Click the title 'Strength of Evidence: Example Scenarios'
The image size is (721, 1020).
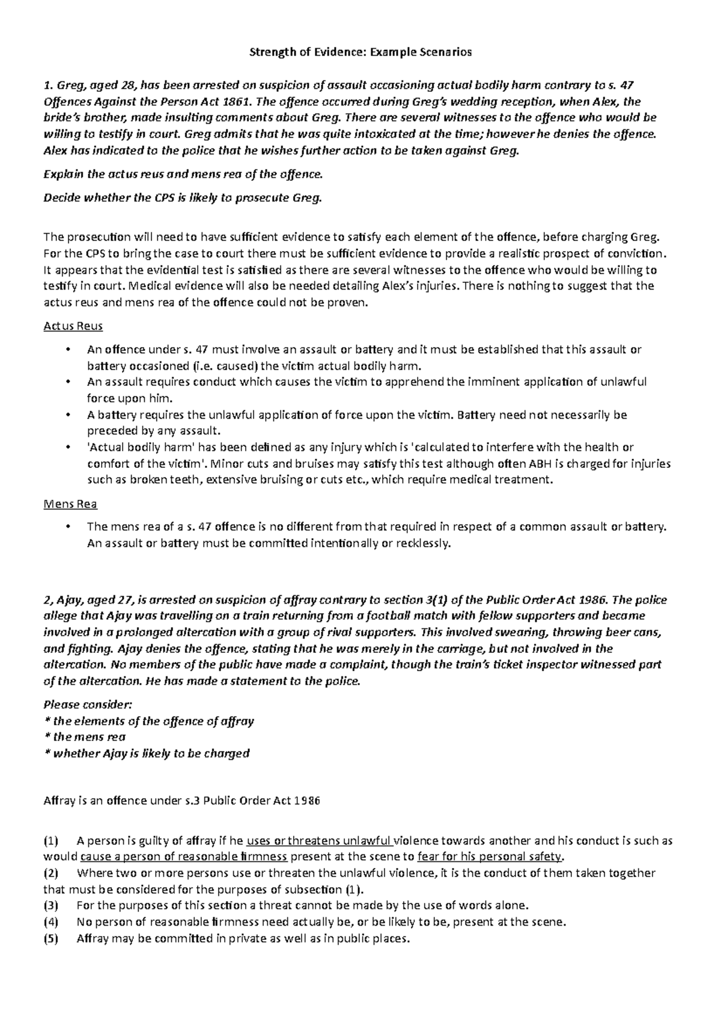[x=360, y=52]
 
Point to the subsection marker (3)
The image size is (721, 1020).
[x=52, y=905]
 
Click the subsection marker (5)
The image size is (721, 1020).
[x=52, y=938]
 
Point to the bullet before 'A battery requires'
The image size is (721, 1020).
[x=70, y=414]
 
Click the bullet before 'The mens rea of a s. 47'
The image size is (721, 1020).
[x=70, y=527]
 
